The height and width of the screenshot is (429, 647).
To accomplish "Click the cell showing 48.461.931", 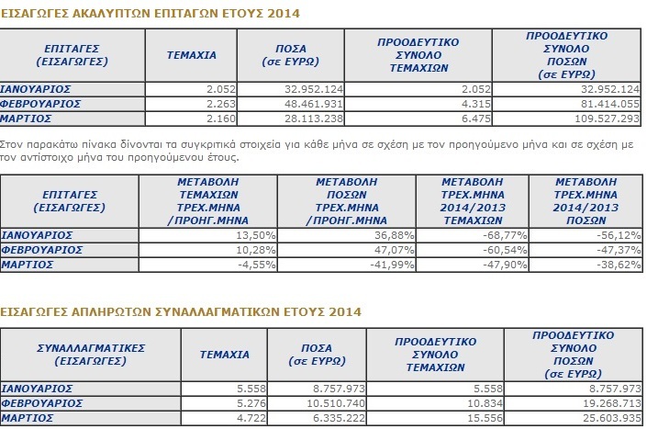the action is coord(313,104).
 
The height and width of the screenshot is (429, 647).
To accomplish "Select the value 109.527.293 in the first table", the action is coord(607,119).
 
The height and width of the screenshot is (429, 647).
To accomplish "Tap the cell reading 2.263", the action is coord(221,104).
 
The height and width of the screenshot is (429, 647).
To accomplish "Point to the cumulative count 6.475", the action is coord(476,119).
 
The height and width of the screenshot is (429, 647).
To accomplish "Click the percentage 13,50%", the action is coord(256,235).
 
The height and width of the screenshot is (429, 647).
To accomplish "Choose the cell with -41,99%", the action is coord(392,265).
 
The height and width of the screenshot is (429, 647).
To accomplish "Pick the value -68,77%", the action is coord(505,235).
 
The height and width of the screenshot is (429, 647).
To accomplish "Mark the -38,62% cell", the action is coord(619,265).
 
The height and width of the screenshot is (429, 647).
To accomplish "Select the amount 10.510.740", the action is coord(336,403).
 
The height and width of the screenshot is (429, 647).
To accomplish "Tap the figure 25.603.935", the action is coord(612,418).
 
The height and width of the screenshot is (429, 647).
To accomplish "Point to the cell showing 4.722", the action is coord(251,418).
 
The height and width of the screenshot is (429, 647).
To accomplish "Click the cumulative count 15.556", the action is coord(485,418).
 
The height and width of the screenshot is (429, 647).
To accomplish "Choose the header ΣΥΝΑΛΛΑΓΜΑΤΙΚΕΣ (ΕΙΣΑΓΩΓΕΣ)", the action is coord(91,355).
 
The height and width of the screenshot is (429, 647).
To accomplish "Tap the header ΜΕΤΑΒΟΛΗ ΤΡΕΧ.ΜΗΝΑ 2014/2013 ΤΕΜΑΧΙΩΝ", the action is coord(473,201).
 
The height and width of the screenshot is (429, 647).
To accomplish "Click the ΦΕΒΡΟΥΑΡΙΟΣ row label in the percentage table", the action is coord(41,250).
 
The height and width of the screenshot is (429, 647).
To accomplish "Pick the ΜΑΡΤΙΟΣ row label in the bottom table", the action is coord(27,418).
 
